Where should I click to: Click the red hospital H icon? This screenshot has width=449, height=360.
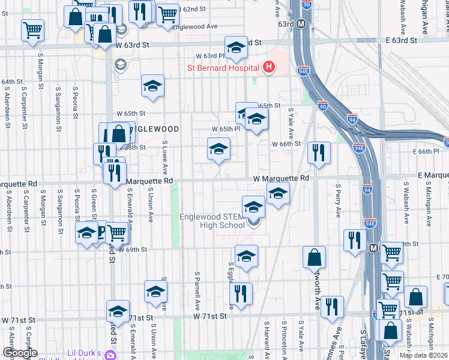269,68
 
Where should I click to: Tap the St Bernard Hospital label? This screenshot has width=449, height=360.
223,68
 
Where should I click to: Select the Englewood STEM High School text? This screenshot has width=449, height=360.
214,221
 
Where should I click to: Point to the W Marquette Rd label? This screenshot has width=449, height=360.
280,178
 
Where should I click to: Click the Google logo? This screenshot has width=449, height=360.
20,353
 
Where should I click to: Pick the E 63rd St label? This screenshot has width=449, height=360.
400,40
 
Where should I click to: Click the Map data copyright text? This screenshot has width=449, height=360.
423,355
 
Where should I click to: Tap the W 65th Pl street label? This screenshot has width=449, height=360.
226,129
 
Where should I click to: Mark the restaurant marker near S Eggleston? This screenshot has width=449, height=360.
241,293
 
